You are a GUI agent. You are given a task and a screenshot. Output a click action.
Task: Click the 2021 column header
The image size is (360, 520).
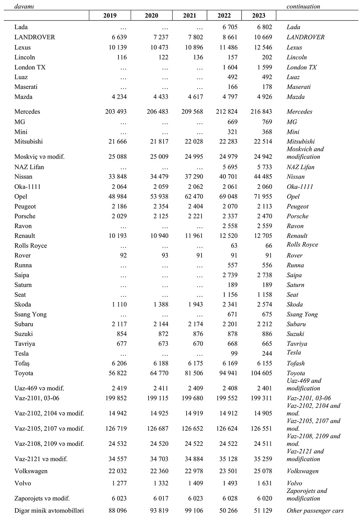[x=189, y=15]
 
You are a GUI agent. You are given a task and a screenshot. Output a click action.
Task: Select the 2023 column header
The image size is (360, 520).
[x=258, y=15]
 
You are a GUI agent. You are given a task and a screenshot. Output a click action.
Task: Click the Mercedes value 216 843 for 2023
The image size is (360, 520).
[x=261, y=112]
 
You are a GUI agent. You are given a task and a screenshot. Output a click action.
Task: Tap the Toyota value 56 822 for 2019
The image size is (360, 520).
[x=115, y=373]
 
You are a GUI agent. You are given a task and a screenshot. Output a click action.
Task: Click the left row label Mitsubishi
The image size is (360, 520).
[x=28, y=141]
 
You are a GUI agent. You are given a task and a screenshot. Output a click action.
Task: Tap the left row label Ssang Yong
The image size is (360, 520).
[x=31, y=314]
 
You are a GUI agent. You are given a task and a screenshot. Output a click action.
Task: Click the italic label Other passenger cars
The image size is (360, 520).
[x=315, y=511]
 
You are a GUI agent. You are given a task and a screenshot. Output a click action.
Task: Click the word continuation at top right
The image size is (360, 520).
[x=303, y=6]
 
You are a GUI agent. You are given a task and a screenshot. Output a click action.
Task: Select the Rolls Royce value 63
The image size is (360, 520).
[x=233, y=245]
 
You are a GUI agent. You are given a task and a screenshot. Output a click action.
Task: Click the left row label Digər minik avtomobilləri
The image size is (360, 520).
[x=49, y=511]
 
